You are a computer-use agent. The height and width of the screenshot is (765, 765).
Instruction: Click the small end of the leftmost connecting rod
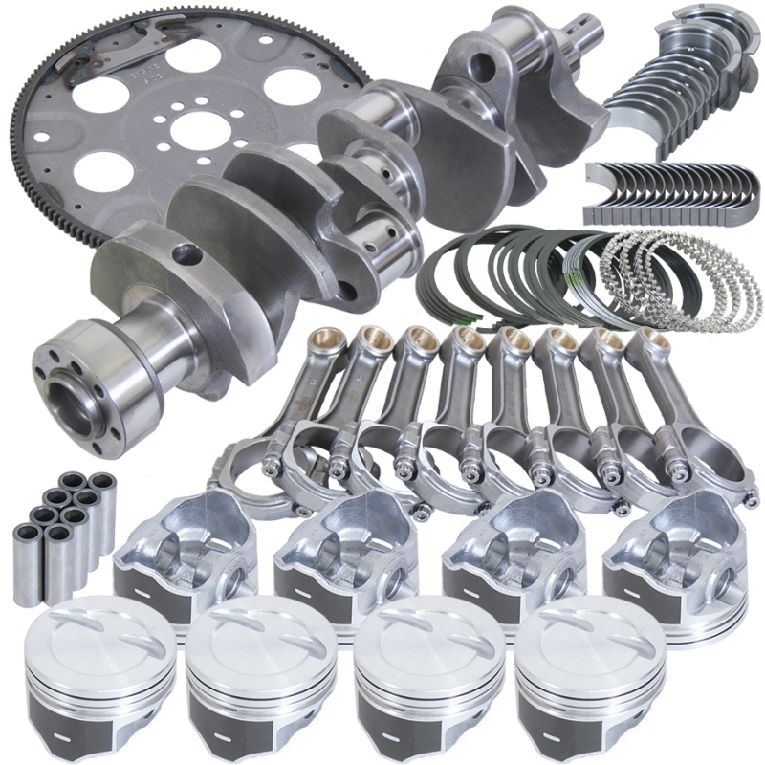tap(328, 345)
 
